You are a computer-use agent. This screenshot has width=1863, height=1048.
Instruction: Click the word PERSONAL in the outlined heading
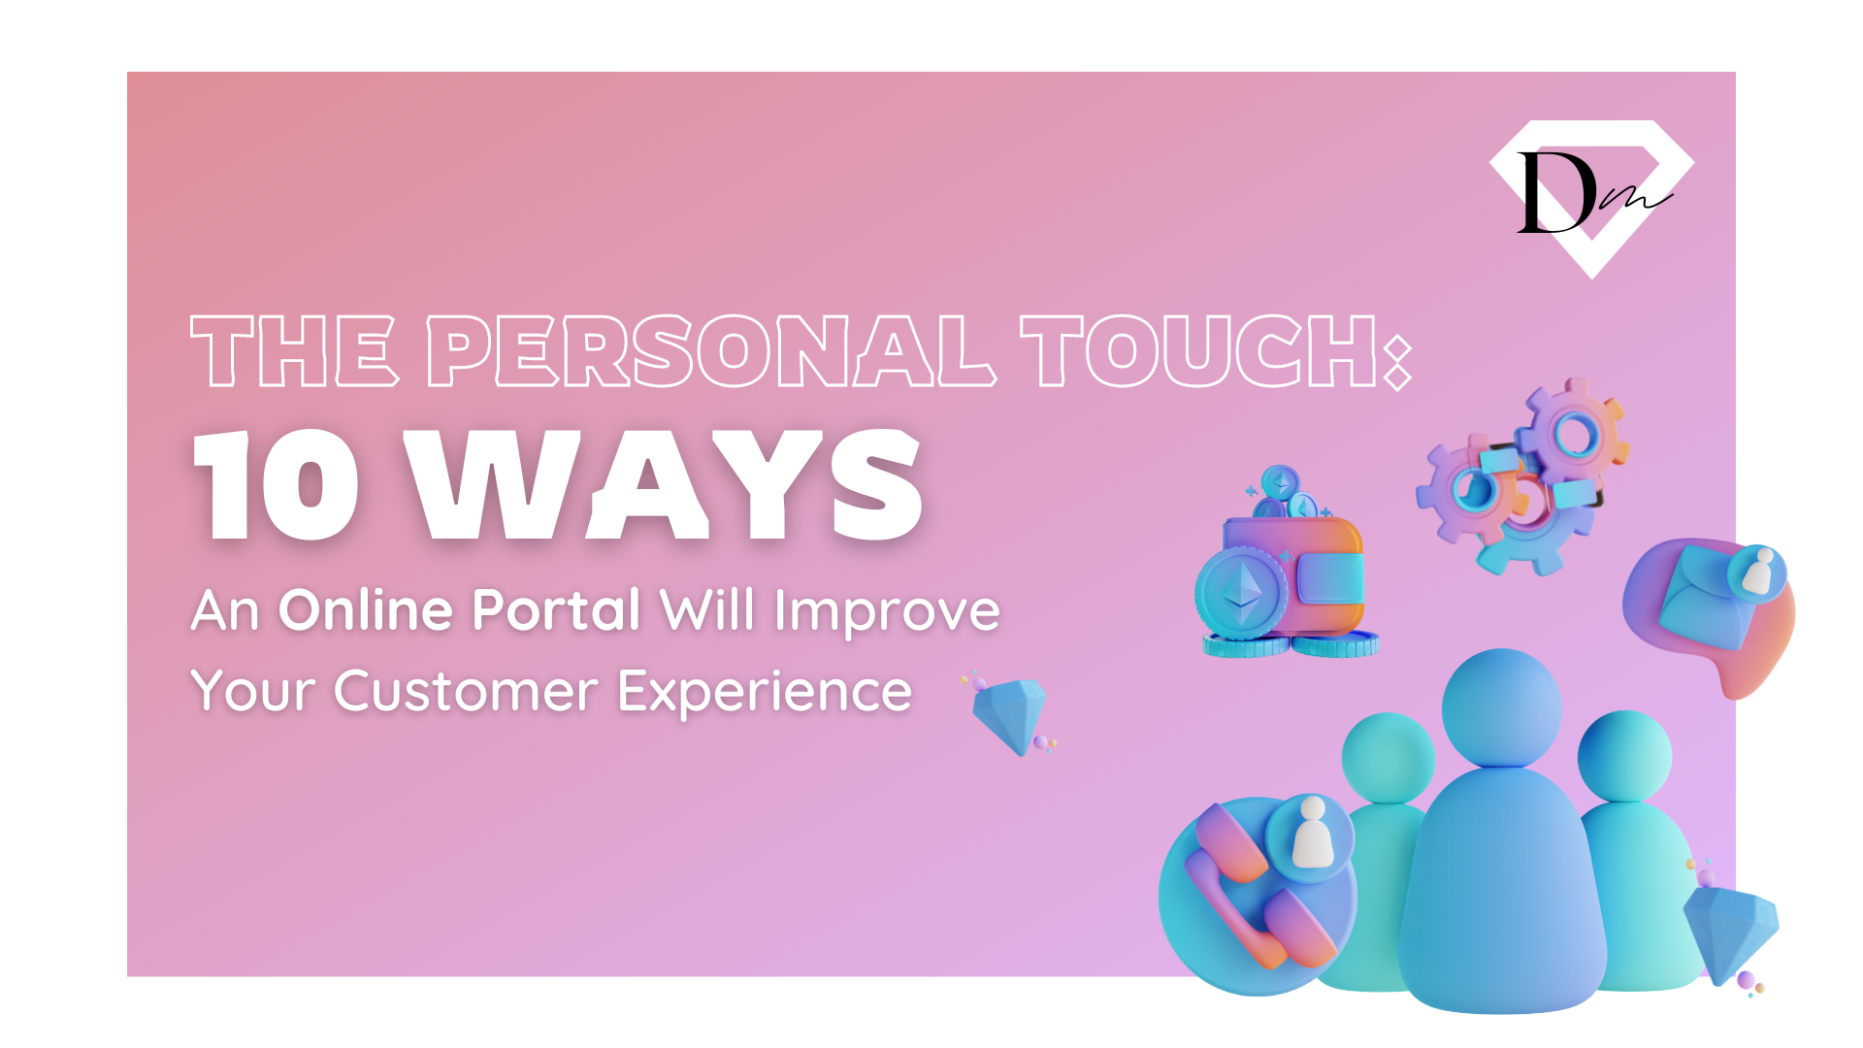710,350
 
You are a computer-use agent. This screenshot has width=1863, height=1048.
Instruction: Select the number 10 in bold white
278,484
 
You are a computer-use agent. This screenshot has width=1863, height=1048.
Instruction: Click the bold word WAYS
669,484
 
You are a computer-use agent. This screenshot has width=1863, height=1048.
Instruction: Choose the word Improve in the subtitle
887,610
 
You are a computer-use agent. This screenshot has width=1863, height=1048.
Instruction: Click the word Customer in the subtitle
466,691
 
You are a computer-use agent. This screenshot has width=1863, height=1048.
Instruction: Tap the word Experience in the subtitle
765,693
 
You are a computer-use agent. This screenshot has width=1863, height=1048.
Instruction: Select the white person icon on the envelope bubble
1758,572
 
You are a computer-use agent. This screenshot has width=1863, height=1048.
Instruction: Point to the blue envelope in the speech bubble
1706,597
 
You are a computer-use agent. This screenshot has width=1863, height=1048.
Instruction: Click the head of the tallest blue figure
1501,708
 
